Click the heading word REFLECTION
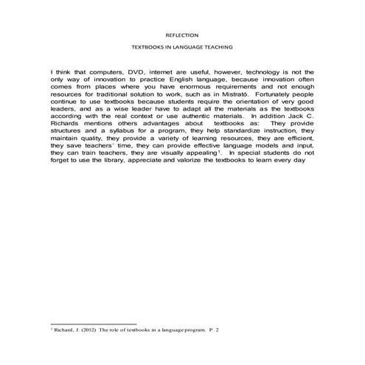click(182, 34)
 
